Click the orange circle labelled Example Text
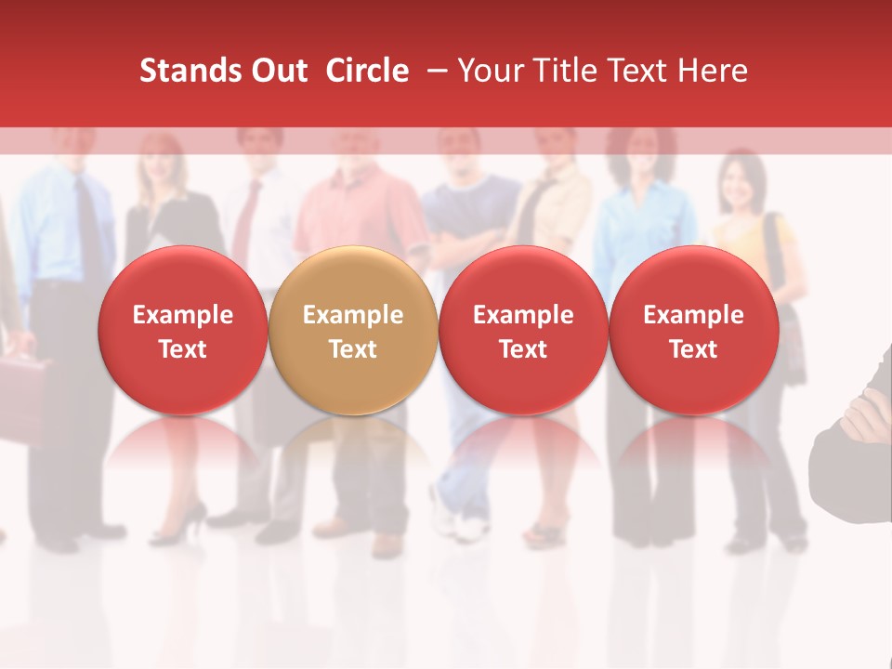[353, 331]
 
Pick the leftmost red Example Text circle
[182, 331]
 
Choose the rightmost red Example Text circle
[694, 331]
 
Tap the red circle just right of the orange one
[523, 331]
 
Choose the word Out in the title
[276, 71]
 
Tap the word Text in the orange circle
[353, 349]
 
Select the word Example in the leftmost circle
[182, 315]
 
